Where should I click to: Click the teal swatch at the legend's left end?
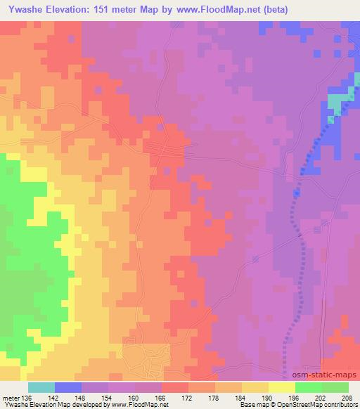[x=41, y=387]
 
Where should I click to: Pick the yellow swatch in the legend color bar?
[x=282, y=387]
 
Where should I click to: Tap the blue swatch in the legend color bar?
[x=67, y=387]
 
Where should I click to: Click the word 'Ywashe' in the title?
[x=22, y=8]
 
